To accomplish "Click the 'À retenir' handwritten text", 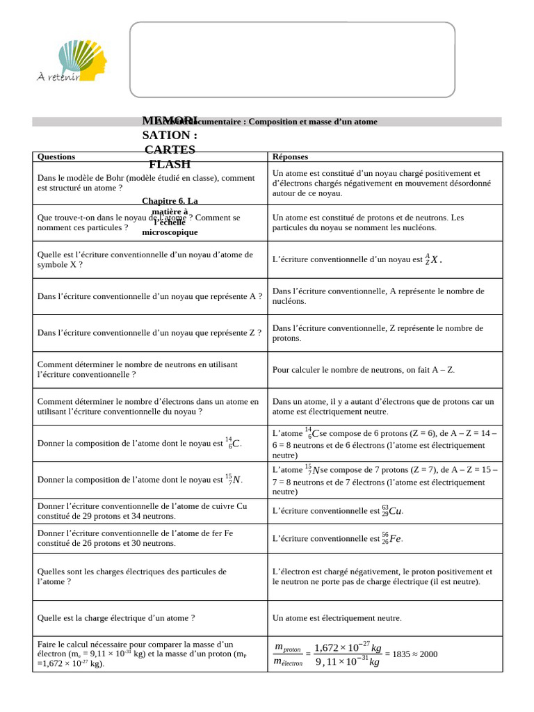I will point(58,76).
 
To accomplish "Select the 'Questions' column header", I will point(56,157).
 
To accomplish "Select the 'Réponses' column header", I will point(290,157).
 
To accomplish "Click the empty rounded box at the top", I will point(292,59).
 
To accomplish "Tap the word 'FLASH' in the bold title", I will point(170,164).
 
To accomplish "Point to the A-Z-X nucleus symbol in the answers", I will point(432,259).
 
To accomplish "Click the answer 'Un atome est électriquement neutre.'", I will point(337,617).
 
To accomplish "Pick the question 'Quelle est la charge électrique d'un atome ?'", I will point(116,617).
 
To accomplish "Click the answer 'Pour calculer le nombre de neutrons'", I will point(363,370).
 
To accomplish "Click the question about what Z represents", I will point(149,333).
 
